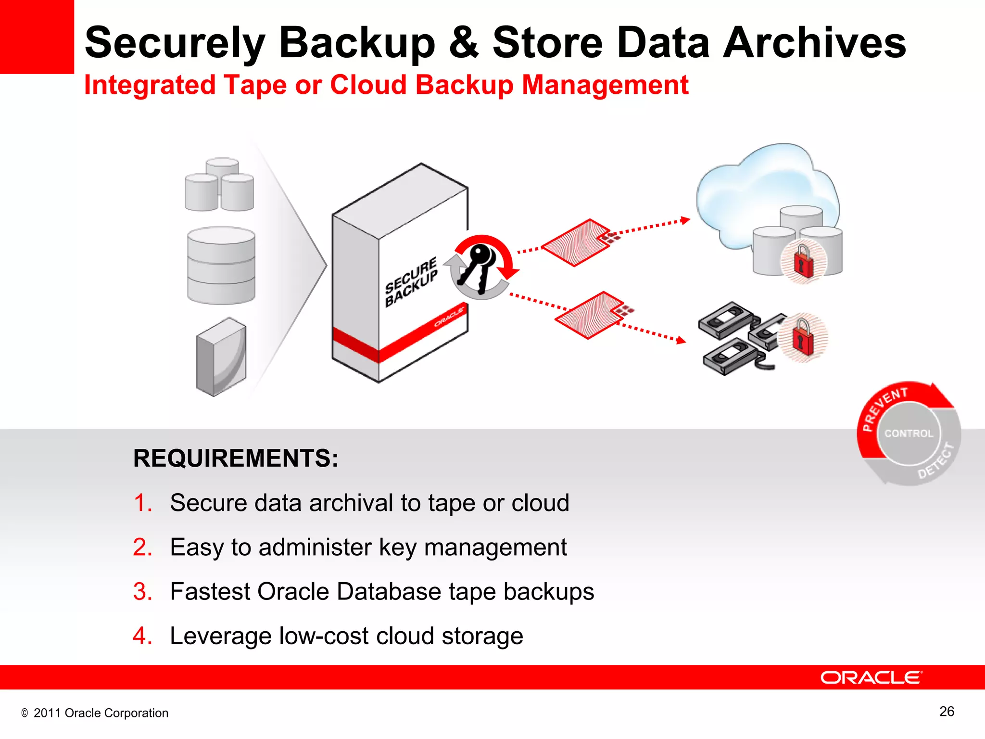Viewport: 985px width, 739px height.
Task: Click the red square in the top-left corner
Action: pos(37,37)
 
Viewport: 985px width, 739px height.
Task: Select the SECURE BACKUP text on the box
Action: pos(411,281)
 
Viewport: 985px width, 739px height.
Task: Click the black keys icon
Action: pos(478,267)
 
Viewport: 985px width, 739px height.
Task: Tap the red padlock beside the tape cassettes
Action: pos(803,337)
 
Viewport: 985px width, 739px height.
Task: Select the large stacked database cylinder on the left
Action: pos(221,265)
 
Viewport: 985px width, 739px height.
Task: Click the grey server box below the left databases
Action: pos(221,357)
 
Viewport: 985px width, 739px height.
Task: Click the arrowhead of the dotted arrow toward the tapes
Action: pos(681,341)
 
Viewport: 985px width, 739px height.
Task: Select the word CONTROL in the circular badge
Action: pos(909,433)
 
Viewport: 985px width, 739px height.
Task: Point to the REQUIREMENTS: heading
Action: pos(236,458)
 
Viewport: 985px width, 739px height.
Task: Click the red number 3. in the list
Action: pos(142,591)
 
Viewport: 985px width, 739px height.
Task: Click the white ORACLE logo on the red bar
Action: pos(871,677)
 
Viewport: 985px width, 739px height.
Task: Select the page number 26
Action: pos(946,712)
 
